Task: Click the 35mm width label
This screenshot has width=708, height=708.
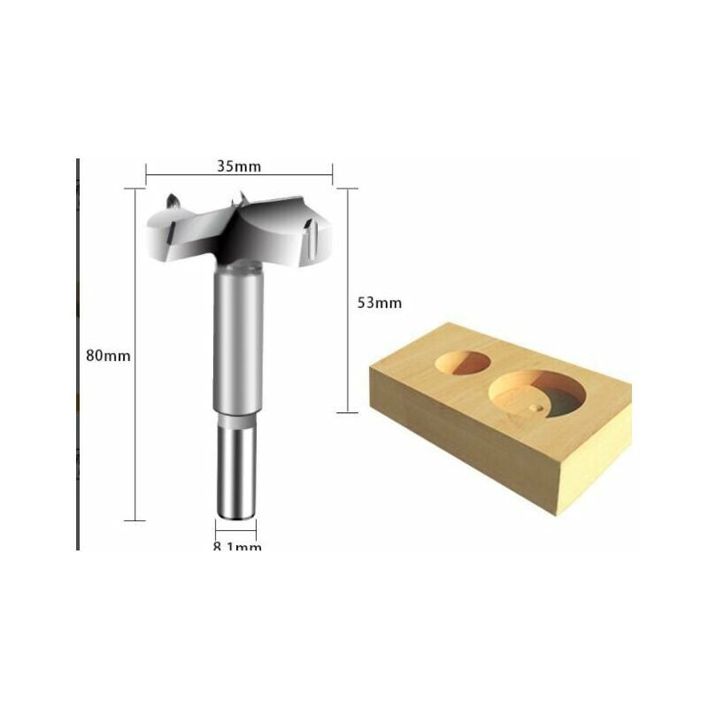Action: [x=239, y=165]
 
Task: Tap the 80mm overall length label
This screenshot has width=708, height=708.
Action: [x=108, y=357]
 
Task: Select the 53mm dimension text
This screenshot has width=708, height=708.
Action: [x=378, y=303]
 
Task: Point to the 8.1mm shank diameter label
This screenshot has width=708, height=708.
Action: [x=236, y=546]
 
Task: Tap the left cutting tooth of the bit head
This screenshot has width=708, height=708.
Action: [x=172, y=205]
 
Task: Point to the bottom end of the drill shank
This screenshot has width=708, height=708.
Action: [x=236, y=516]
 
